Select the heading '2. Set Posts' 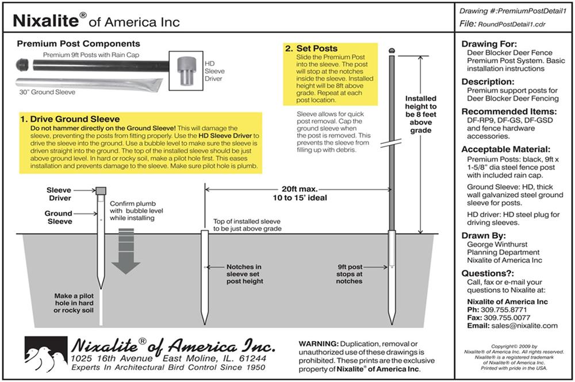point(311,48)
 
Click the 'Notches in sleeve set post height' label point(244,274)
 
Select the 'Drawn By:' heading point(484,235)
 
